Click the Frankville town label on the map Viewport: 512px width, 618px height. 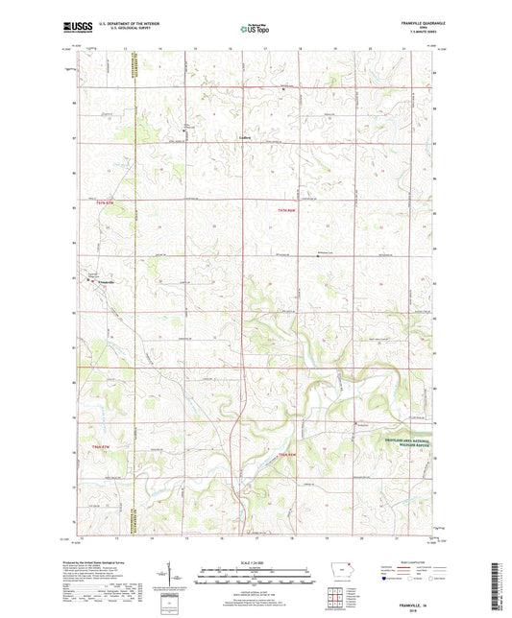[107, 281]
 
